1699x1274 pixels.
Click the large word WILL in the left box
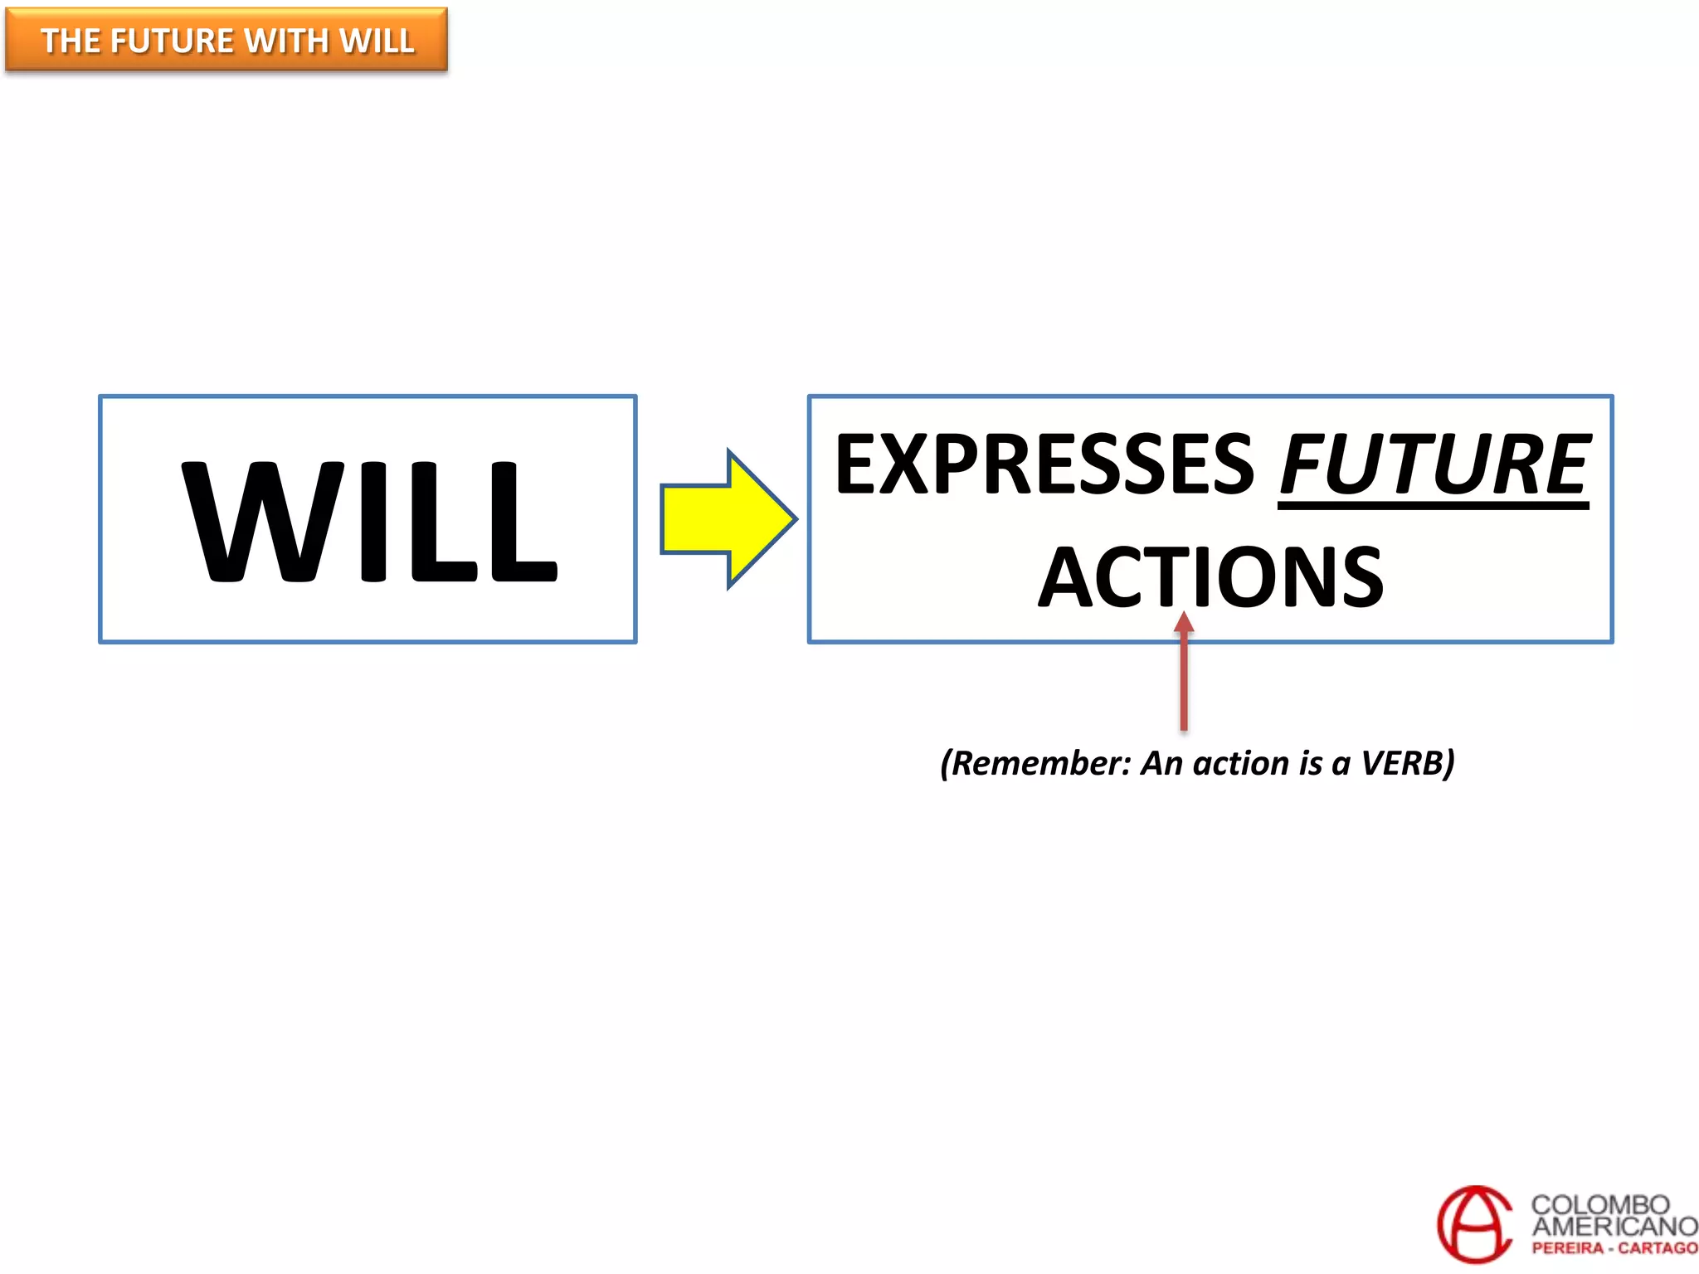(x=369, y=521)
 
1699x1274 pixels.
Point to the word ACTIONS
(x=1210, y=577)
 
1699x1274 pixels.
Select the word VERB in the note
(x=1404, y=763)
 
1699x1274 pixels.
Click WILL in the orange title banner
(x=377, y=41)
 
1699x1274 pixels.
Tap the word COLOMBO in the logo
(x=1600, y=1204)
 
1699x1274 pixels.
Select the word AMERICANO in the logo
(x=1614, y=1226)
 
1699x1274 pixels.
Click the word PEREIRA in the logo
(x=1567, y=1248)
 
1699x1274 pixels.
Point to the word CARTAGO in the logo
(x=1658, y=1248)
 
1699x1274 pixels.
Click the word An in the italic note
(x=1161, y=763)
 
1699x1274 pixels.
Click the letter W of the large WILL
(x=261, y=521)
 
